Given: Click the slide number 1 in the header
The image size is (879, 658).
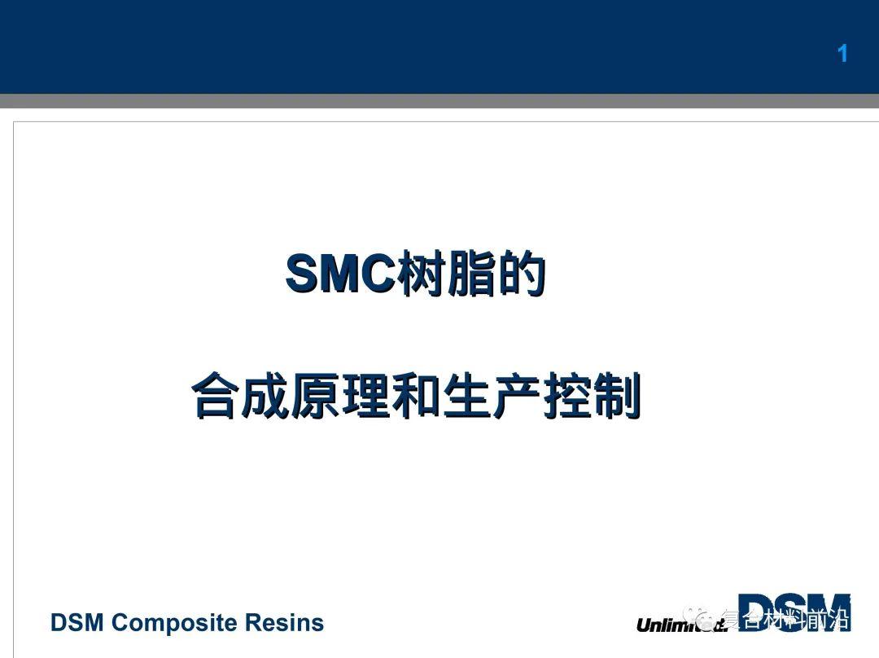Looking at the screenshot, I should click(x=842, y=54).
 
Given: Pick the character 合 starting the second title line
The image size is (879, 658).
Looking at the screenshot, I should click(x=216, y=397).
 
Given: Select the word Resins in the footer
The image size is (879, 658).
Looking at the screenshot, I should click(x=283, y=623).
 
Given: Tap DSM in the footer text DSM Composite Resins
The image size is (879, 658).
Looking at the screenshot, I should click(x=77, y=623).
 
